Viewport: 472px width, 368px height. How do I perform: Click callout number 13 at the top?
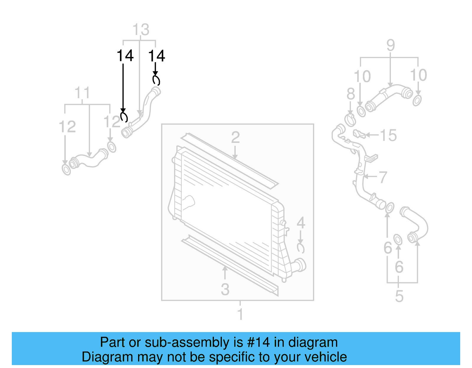pyautogui.click(x=141, y=30)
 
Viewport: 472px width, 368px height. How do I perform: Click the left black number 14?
pyautogui.click(x=125, y=56)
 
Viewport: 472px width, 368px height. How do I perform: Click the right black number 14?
pyautogui.click(x=157, y=56)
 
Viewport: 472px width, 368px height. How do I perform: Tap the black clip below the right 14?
pyautogui.click(x=156, y=80)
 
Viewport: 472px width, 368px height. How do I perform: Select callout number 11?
pyautogui.click(x=82, y=93)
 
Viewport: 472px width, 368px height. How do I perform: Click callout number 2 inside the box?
pyautogui.click(x=235, y=137)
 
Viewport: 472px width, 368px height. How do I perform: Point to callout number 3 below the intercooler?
pyautogui.click(x=225, y=289)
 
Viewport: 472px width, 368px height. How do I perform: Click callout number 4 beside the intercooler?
pyautogui.click(x=301, y=223)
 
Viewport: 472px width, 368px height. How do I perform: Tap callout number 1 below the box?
pyautogui.click(x=240, y=314)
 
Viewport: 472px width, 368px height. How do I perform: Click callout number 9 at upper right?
pyautogui.click(x=391, y=45)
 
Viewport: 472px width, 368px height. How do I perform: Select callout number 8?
pyautogui.click(x=350, y=94)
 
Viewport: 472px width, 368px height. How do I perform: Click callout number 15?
pyautogui.click(x=388, y=136)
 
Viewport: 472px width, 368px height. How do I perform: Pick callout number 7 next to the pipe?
pyautogui.click(x=383, y=177)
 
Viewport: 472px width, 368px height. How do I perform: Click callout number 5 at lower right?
pyautogui.click(x=399, y=296)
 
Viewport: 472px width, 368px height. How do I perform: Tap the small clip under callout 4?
pyautogui.click(x=301, y=248)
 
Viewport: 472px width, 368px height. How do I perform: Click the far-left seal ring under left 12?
pyautogui.click(x=66, y=170)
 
